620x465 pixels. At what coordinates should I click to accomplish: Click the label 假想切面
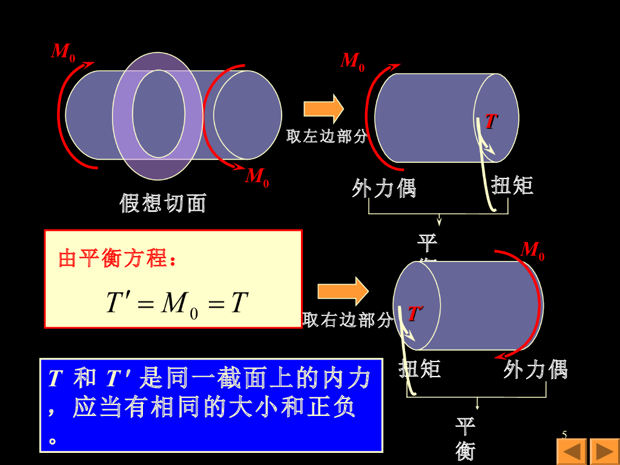(x=163, y=203)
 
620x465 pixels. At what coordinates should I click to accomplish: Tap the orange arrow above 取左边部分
(x=323, y=109)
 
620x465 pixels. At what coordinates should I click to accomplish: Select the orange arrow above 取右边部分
(x=343, y=291)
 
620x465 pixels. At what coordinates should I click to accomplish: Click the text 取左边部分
(x=327, y=137)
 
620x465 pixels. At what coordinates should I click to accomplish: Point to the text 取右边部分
(x=348, y=320)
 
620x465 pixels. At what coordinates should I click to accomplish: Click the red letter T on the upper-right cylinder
(x=490, y=122)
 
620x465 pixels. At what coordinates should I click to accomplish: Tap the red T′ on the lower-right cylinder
(x=415, y=314)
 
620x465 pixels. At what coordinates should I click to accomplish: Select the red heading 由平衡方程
(x=117, y=259)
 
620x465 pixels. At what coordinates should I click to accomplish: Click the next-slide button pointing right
(x=604, y=451)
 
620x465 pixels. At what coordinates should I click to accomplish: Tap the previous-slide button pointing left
(x=572, y=451)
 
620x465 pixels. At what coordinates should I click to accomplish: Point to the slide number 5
(x=564, y=434)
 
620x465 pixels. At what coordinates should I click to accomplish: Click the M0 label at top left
(x=63, y=52)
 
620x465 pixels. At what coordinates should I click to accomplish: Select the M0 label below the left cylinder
(x=257, y=177)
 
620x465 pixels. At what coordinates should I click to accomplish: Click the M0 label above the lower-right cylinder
(x=533, y=249)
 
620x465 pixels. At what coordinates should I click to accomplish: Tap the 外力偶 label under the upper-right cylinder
(x=384, y=188)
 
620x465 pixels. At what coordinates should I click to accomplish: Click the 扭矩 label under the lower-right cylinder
(x=420, y=368)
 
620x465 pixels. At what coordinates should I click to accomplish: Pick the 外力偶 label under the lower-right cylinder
(x=535, y=369)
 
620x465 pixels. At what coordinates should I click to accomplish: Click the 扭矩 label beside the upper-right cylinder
(x=512, y=185)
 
